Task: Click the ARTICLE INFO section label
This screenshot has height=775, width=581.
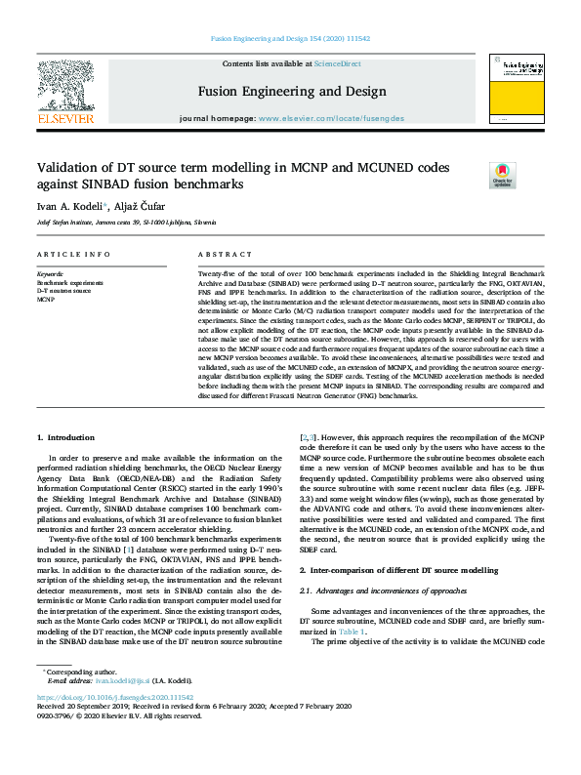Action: coord(73,255)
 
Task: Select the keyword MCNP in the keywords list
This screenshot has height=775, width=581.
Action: coord(46,300)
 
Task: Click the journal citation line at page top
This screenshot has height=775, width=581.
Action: coord(290,39)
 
